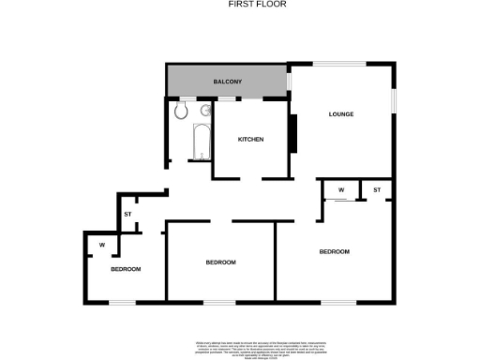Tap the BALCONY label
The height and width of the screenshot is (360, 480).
coord(228,82)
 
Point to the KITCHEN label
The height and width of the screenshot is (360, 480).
coord(250,140)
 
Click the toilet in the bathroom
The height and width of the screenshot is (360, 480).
coord(181,112)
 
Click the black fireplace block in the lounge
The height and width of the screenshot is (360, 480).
coord(292,134)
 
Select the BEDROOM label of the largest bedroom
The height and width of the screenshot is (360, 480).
coord(334,251)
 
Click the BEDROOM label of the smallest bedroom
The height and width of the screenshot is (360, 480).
coord(126,269)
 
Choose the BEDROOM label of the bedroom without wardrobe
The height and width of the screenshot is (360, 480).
coord(220,262)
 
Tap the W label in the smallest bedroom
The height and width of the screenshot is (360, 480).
coord(101,246)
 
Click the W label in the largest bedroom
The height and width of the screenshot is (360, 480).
coord(341,190)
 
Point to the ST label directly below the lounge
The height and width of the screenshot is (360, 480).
coord(377,190)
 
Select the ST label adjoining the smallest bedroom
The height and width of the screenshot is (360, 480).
coord(127,215)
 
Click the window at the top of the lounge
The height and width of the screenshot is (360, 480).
coord(339,64)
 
